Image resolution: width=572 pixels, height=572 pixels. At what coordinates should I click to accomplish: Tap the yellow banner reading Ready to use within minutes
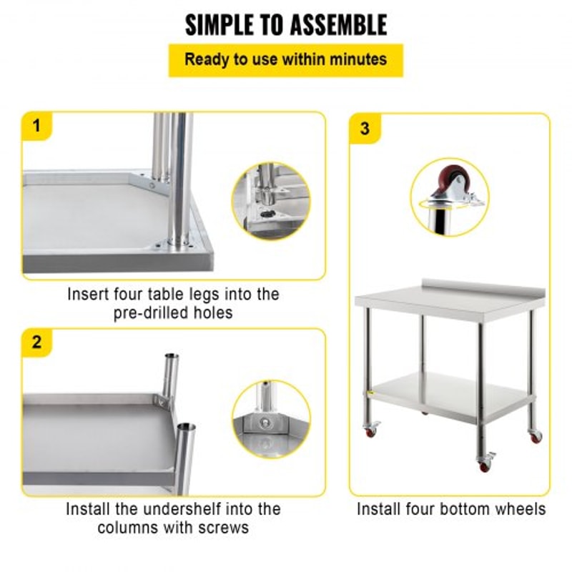tap(286, 59)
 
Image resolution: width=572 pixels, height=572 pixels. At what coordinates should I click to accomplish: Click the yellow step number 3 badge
tap(365, 129)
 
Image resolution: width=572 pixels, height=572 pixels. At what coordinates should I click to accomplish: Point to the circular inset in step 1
tap(271, 202)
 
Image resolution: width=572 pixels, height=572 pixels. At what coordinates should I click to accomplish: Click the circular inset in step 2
tap(271, 419)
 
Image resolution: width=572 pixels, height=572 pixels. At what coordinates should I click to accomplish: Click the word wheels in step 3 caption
tap(521, 509)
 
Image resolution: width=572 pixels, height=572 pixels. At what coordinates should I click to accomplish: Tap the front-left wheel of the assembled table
tap(371, 431)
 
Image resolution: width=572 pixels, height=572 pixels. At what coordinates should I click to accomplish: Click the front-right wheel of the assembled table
tap(485, 463)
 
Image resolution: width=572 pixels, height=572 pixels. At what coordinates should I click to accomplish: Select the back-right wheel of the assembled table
tap(535, 435)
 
